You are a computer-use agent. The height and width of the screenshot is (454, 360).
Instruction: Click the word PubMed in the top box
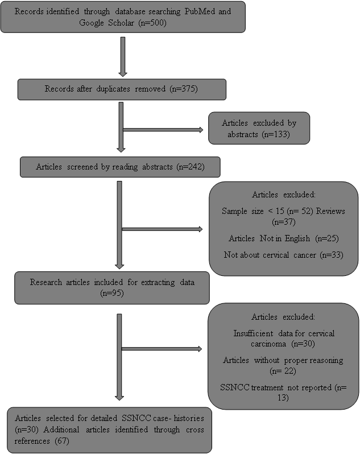pyautogui.click(x=200, y=11)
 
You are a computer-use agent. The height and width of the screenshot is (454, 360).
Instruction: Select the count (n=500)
pyautogui.click(x=152, y=23)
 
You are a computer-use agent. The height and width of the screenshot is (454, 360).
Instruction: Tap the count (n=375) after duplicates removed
pyautogui.click(x=184, y=89)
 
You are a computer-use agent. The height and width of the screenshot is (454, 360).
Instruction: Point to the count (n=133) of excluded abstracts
pyautogui.click(x=276, y=134)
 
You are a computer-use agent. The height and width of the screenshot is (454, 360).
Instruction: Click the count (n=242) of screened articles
pyautogui.click(x=191, y=167)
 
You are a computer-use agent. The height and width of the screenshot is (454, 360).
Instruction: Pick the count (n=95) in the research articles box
pyautogui.click(x=112, y=294)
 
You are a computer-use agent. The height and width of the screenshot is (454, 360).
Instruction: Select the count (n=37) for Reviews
pyautogui.click(x=284, y=222)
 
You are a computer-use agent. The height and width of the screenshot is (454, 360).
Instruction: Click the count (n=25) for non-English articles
pyautogui.click(x=327, y=238)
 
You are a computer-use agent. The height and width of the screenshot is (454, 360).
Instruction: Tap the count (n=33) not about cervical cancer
pyautogui.click(x=332, y=255)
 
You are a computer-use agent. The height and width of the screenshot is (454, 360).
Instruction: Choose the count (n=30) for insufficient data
pyautogui.click(x=303, y=344)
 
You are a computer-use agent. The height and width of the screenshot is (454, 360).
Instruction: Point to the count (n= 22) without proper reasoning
pyautogui.click(x=283, y=371)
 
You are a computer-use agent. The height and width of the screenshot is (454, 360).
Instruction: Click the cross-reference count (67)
pyautogui.click(x=62, y=441)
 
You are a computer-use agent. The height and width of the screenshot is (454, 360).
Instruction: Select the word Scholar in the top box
pyautogui.click(x=121, y=23)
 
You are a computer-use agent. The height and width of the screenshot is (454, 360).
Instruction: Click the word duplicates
pyautogui.click(x=113, y=89)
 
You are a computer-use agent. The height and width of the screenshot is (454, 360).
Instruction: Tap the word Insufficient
pyautogui.click(x=253, y=333)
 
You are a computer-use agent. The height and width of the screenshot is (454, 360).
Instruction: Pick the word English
pyautogui.click(x=297, y=238)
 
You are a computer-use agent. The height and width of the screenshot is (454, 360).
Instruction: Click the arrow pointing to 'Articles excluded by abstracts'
pyautogui.click(x=163, y=130)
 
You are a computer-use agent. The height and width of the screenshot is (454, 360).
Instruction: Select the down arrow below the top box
pyautogui.click(x=123, y=57)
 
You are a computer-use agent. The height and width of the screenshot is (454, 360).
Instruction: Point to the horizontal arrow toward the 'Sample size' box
pyautogui.click(x=162, y=229)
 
